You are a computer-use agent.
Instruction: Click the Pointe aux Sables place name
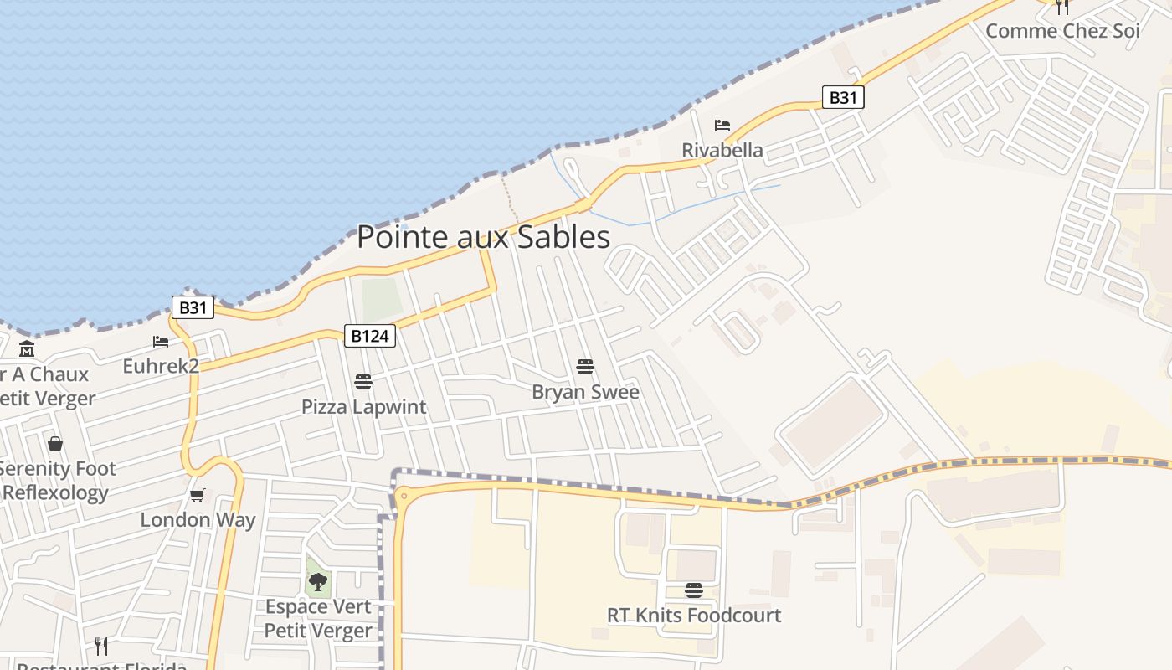(483, 237)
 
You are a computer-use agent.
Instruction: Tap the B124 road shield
(369, 336)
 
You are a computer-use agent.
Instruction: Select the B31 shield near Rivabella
(842, 98)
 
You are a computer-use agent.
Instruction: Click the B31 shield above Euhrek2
(193, 307)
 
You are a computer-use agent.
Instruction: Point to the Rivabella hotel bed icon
(722, 126)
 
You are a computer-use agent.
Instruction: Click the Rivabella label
(722, 150)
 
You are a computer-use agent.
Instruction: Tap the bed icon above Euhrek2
(161, 342)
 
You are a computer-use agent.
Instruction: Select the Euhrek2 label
(161, 366)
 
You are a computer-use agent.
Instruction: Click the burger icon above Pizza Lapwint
(363, 382)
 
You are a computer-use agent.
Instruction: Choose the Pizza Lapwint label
(363, 407)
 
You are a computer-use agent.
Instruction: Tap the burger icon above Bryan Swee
(585, 367)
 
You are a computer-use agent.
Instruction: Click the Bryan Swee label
(585, 392)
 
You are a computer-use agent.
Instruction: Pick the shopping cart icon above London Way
(198, 495)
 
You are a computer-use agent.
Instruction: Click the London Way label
(198, 519)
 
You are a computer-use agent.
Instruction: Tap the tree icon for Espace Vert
(317, 581)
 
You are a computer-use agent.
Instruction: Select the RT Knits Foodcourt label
(693, 615)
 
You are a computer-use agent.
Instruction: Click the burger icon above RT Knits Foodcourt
(693, 590)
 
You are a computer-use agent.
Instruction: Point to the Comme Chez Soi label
(1062, 31)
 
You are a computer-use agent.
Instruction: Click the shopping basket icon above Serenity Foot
(55, 444)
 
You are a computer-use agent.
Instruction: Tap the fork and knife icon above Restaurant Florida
(101, 647)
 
